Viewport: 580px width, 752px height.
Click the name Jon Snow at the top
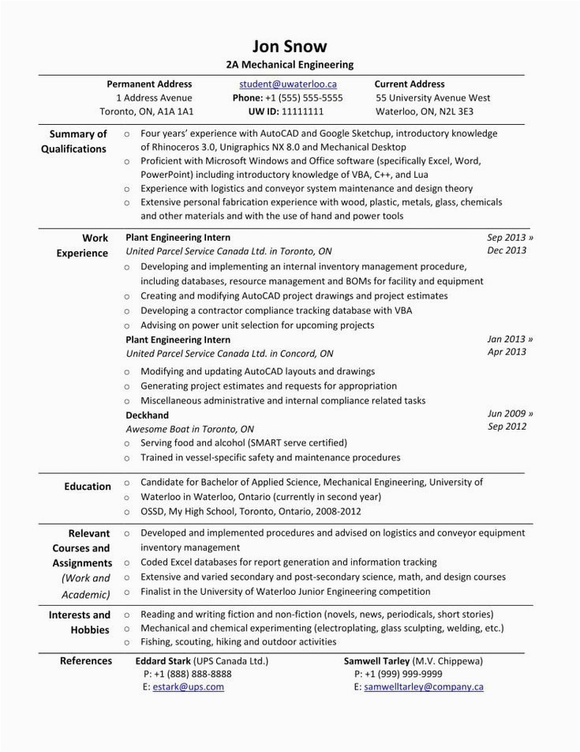pos(289,46)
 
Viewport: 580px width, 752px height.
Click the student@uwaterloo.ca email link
pos(288,84)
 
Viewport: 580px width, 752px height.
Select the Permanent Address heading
pos(149,84)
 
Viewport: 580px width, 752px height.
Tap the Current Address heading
pos(409,84)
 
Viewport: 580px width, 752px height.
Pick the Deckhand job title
pos(148,415)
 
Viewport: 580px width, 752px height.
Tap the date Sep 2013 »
pos(510,237)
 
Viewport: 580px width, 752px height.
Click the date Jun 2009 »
pos(510,413)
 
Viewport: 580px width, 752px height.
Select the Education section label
pos(88,487)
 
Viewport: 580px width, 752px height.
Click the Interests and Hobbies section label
pos(80,622)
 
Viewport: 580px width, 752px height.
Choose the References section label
pos(86,661)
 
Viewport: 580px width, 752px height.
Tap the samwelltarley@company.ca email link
pos(424,687)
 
